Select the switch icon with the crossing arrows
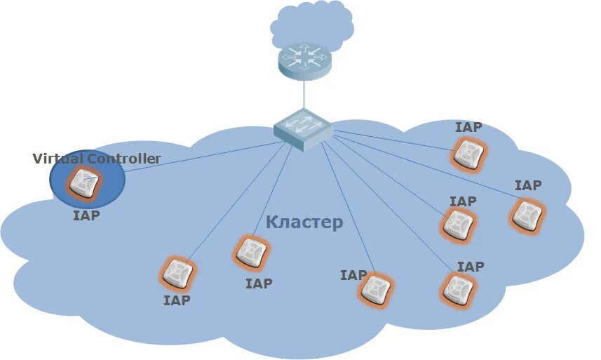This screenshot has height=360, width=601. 303,128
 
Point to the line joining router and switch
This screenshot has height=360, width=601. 304,94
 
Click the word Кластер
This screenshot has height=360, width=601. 304,222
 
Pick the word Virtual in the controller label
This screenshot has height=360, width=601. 57,159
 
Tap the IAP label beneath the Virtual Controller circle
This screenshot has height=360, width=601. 86,215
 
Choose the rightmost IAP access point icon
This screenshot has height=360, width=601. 527,215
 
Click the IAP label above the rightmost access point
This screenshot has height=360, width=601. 528,185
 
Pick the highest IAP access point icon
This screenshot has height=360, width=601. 468,153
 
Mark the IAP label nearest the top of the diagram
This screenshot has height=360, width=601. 468,127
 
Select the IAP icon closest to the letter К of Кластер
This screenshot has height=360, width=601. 250,252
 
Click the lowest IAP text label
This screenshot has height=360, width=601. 177,300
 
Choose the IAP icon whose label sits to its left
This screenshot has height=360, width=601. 376,289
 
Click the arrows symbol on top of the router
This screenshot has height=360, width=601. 303,53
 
